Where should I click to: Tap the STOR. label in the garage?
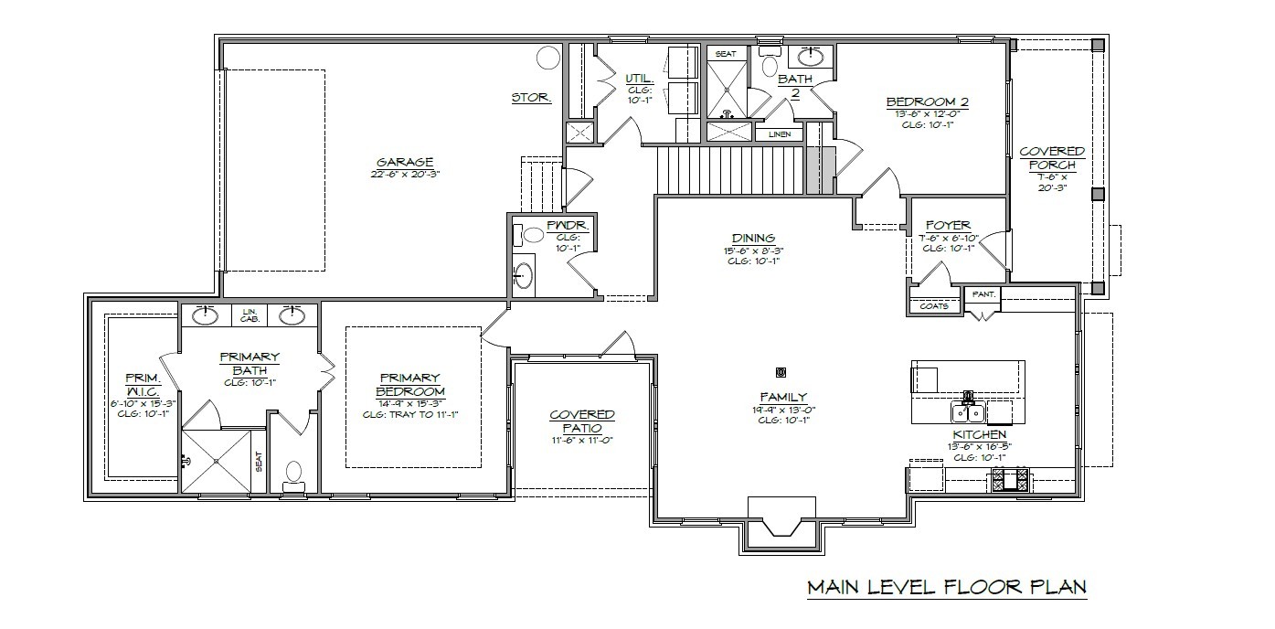(530, 97)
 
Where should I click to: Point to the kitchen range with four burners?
(1010, 479)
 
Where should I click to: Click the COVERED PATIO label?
(582, 421)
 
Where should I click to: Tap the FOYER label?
(948, 225)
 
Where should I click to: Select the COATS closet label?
(933, 306)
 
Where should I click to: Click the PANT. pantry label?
(984, 294)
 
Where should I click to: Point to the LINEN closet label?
(779, 134)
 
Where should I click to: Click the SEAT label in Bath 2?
(725, 54)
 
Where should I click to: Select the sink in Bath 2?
(813, 56)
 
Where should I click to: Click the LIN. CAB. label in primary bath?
(250, 314)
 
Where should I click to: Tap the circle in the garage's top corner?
(547, 59)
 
